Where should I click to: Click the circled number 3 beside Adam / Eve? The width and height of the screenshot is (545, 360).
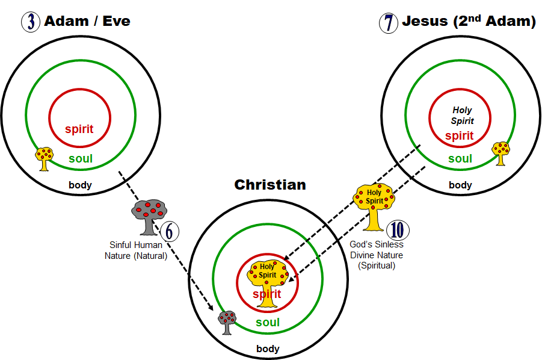(30, 22)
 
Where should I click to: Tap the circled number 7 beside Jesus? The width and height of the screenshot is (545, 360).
(388, 23)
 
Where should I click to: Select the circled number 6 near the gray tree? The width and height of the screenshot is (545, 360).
(170, 231)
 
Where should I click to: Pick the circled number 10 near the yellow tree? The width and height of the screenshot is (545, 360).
(397, 231)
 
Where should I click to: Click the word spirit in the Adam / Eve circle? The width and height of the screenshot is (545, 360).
(79, 128)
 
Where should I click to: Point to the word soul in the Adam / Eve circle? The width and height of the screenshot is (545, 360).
(80, 159)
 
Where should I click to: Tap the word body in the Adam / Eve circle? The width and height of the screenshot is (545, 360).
(80, 185)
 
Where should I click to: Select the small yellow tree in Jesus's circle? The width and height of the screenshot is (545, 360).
(500, 153)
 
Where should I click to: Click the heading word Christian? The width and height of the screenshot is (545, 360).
(270, 185)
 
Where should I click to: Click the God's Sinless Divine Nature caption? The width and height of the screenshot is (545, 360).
(377, 255)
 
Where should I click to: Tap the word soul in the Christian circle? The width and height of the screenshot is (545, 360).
(268, 323)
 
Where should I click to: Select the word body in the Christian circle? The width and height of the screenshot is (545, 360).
(268, 349)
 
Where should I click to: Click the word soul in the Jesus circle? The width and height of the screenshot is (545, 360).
(460, 159)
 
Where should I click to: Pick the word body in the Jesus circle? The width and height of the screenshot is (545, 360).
(460, 185)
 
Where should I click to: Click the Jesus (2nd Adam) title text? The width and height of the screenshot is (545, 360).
(469, 22)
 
